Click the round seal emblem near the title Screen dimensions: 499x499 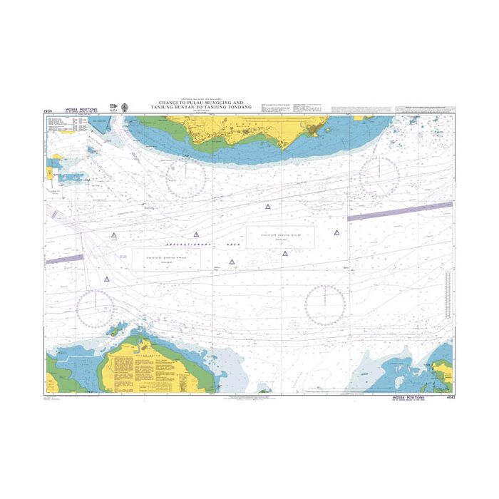point(125,108)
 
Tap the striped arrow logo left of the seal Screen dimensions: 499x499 point(113,108)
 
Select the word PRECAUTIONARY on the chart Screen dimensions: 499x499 point(184,245)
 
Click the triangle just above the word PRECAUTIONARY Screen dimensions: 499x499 point(195,235)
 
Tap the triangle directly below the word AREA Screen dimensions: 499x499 point(232,262)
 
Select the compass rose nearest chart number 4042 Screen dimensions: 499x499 point(324,304)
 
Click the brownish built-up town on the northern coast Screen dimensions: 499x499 point(314,130)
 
